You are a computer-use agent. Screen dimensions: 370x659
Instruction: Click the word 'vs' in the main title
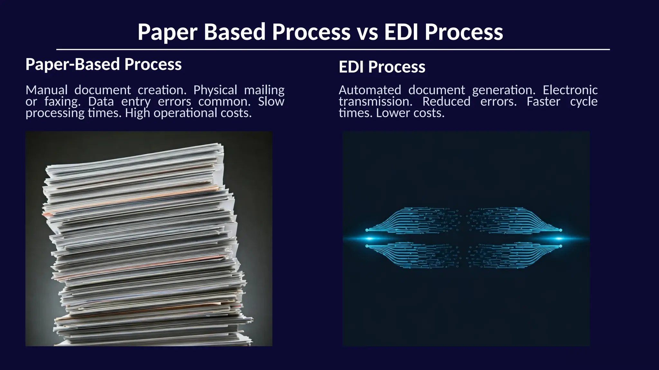(367, 32)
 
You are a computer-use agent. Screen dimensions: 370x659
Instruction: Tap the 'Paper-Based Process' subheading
(103, 64)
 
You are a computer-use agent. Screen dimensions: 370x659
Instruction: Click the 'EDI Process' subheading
(382, 67)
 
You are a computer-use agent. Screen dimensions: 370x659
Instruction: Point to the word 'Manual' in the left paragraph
(47, 90)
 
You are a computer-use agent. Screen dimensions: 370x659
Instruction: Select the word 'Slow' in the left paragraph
(271, 101)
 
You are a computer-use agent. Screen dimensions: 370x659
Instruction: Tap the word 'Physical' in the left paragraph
(215, 90)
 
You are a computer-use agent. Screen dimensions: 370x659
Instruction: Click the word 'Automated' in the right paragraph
(370, 90)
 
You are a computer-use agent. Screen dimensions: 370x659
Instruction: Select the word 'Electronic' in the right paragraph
(570, 90)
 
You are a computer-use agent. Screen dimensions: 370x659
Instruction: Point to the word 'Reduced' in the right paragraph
(446, 101)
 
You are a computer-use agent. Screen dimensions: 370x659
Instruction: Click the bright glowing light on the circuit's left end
(369, 239)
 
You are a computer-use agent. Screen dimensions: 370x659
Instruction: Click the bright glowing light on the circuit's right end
(559, 239)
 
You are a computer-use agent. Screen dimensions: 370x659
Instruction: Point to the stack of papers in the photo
(145, 244)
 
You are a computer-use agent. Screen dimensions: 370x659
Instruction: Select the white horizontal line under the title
(333, 49)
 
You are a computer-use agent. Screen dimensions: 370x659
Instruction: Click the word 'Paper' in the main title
(168, 32)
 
